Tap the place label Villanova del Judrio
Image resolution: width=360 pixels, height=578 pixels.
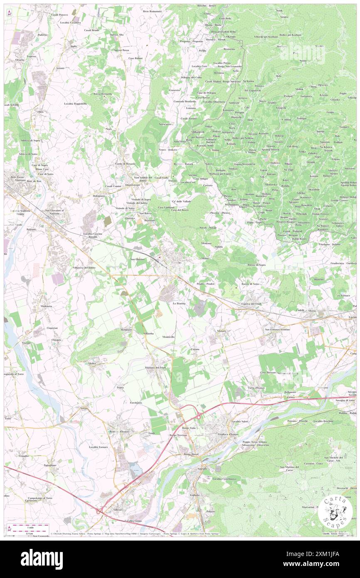(x=84, y=267)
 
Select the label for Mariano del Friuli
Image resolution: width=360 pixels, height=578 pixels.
(x=155, y=367)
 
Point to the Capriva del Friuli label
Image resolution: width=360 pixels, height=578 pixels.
(x=255, y=304)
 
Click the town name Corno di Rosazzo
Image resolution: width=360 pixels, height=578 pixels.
(x=126, y=163)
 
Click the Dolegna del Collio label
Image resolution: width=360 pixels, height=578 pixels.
(x=191, y=77)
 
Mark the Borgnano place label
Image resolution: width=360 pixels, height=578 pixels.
(x=126, y=329)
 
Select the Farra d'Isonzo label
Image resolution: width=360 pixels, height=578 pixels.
(x=257, y=388)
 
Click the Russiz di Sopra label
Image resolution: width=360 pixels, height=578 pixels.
(x=256, y=264)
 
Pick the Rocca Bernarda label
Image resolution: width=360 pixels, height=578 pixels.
(x=103, y=94)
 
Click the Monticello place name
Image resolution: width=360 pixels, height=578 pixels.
(x=168, y=336)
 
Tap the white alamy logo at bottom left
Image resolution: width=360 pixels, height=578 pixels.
(x=42, y=559)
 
